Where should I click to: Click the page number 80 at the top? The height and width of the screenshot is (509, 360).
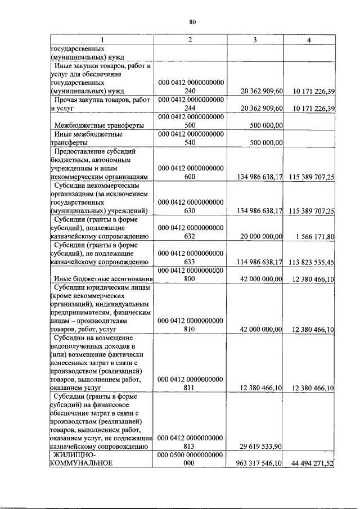pyautogui.click(x=192, y=22)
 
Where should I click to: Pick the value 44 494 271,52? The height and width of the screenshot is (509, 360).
pyautogui.click(x=312, y=463)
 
